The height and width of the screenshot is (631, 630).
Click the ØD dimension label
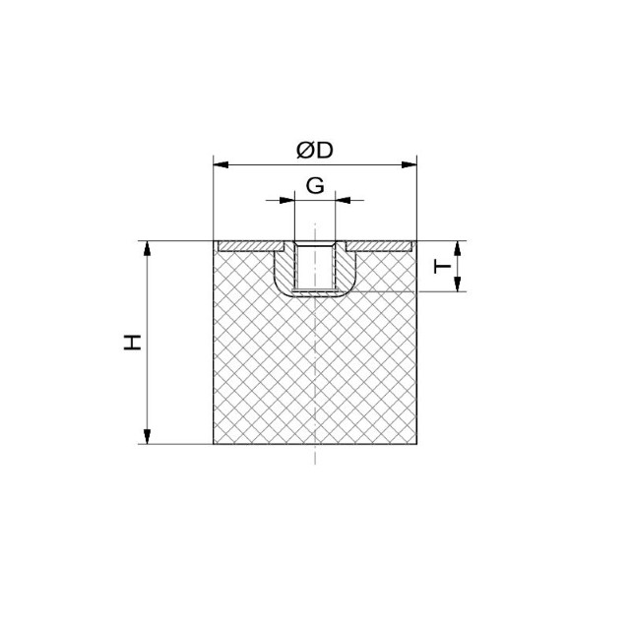[x=315, y=150]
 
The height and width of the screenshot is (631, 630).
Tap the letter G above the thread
[x=315, y=186]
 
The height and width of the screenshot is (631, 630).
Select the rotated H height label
[x=132, y=342]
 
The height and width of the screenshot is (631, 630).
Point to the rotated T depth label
[x=442, y=267]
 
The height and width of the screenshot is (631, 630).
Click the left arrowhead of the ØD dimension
[x=220, y=164]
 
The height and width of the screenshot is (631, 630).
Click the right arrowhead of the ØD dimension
[x=409, y=164]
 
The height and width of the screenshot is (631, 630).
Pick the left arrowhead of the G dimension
[x=287, y=200]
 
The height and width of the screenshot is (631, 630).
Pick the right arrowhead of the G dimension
[x=343, y=200]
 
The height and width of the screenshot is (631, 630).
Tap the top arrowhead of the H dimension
[x=148, y=249]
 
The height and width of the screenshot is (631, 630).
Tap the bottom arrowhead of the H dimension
[x=148, y=437]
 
